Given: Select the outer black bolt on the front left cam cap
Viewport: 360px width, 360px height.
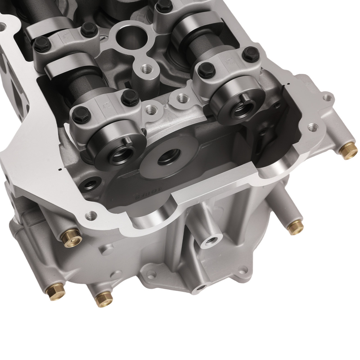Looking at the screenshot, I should point(78,115).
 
